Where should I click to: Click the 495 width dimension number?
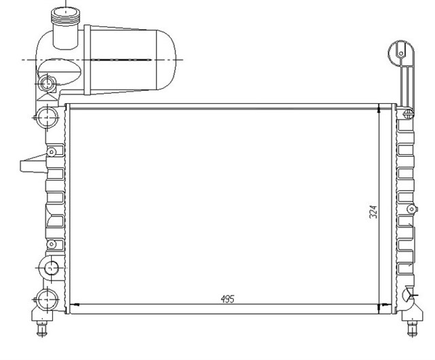(x=227, y=298)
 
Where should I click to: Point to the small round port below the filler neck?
(x=48, y=84)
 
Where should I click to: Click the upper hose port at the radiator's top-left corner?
(x=46, y=117)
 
